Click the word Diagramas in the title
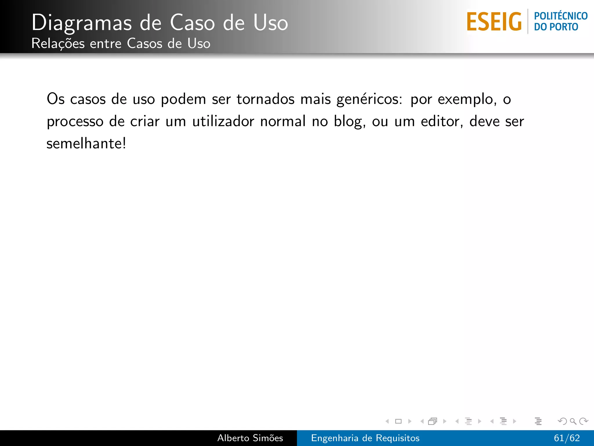82,23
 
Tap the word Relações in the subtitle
58,44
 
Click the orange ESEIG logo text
494,22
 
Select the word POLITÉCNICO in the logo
561,16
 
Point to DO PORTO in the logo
556,27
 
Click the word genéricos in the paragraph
369,100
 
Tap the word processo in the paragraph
75,122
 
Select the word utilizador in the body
223,121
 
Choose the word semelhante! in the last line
86,143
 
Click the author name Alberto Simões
250,438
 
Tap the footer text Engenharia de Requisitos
365,438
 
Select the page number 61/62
567,438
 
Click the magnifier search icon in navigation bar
573,421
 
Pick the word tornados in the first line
265,99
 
